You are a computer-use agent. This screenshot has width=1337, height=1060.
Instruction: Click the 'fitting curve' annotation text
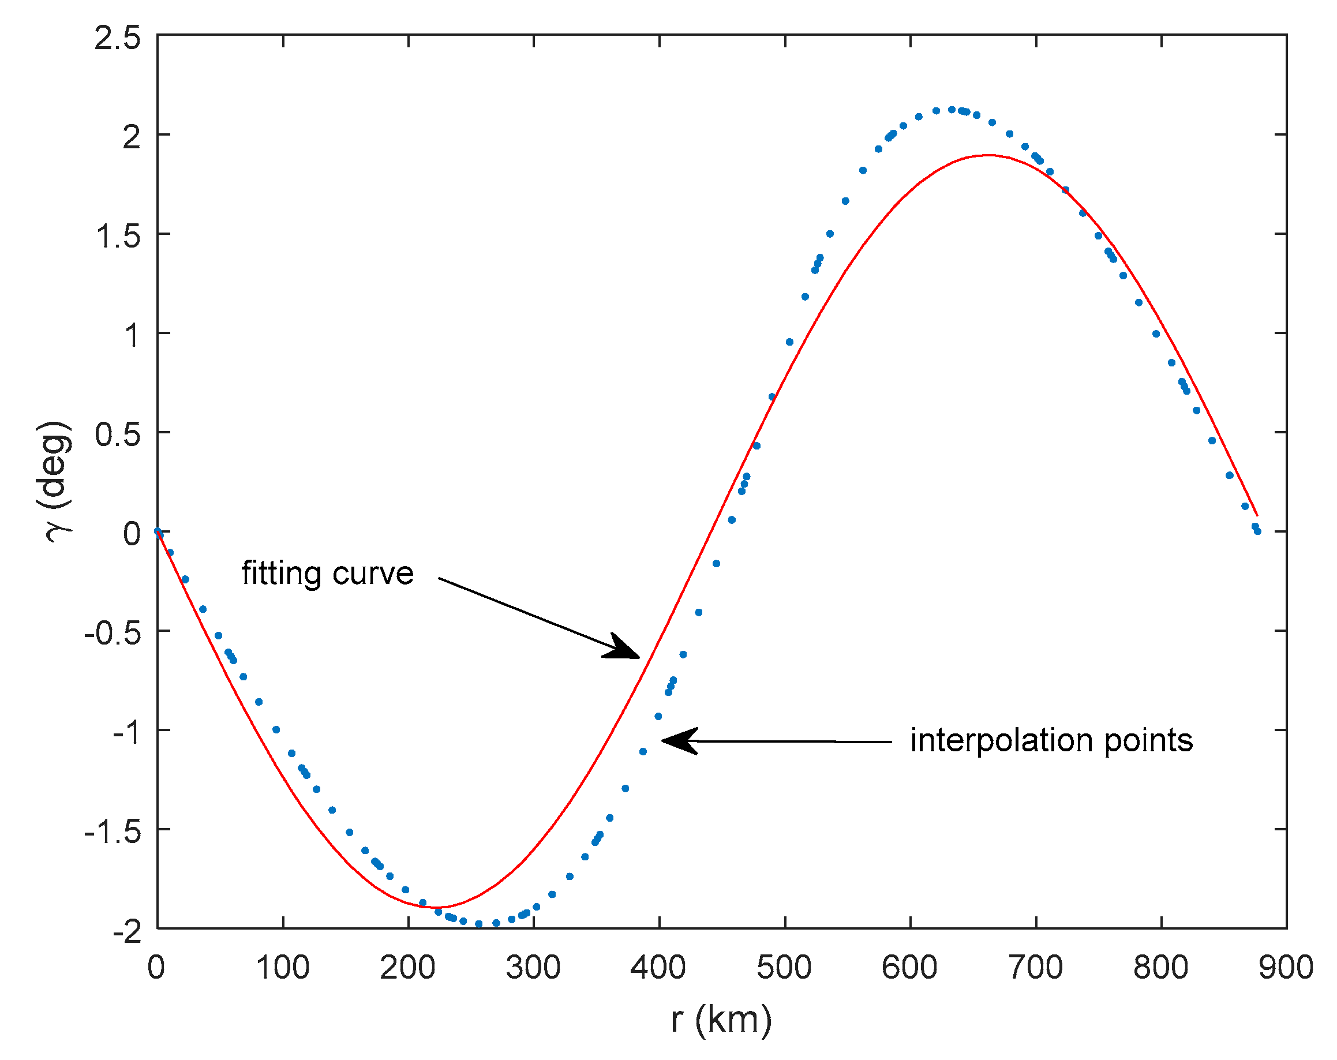[x=327, y=573]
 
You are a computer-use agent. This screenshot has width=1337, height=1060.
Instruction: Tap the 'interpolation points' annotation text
[x=1051, y=740]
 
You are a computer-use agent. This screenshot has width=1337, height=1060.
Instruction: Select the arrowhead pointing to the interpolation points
[x=679, y=740]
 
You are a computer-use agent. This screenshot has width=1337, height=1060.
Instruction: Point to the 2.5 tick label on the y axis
[x=118, y=39]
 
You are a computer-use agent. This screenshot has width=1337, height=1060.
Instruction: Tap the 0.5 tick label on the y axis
[x=118, y=435]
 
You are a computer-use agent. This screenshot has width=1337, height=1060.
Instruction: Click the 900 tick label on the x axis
[x=1286, y=968]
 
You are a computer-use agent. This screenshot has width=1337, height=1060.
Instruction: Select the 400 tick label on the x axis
[x=658, y=968]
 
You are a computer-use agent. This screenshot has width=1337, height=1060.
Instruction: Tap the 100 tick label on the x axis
[x=283, y=968]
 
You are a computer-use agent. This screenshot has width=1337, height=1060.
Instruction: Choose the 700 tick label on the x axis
[x=1035, y=968]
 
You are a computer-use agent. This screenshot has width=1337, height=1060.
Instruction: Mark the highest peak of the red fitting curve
[x=987, y=155]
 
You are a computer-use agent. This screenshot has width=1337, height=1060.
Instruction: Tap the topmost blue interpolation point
[x=952, y=110]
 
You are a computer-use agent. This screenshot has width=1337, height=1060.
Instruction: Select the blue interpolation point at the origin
[x=158, y=531]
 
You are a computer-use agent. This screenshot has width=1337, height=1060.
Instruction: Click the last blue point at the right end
[x=1257, y=531]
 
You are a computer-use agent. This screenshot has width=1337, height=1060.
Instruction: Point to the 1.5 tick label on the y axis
[x=118, y=237]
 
